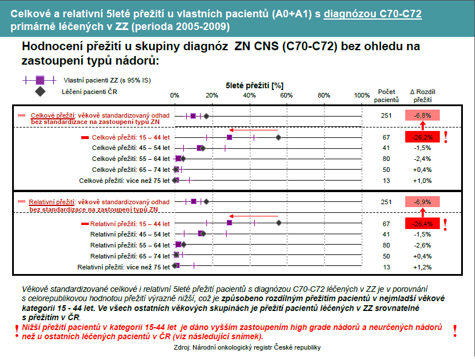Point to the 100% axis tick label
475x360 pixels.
click(361, 95)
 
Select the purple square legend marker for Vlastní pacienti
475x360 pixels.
click(39, 80)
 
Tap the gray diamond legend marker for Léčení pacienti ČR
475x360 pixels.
click(39, 91)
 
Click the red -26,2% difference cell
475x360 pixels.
click(423, 137)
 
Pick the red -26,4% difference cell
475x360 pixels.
click(423, 223)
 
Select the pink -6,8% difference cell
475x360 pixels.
click(423, 115)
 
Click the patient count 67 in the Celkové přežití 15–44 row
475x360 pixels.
click(386, 137)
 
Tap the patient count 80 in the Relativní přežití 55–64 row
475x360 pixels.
click(386, 245)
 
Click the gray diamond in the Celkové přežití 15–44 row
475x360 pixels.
click(278, 137)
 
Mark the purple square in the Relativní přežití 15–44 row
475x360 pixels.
click(229, 223)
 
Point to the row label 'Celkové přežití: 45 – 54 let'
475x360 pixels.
click(131, 148)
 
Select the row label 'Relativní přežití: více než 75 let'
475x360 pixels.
click(124, 267)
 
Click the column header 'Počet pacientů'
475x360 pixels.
click(386, 95)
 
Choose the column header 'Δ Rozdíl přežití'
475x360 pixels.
click(423, 95)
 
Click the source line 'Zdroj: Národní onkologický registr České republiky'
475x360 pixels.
click(247, 347)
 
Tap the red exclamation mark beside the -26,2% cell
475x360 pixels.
click(445, 137)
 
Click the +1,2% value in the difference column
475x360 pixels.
click(423, 267)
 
